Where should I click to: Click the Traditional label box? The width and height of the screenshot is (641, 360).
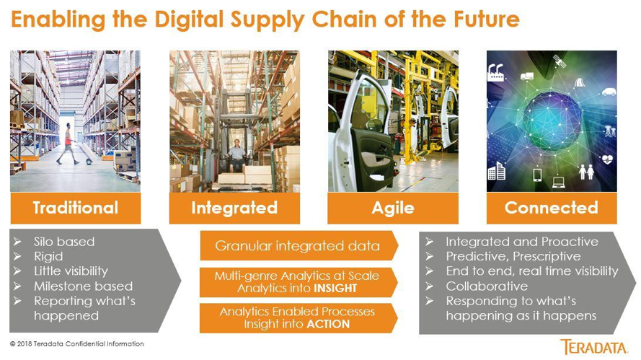76,208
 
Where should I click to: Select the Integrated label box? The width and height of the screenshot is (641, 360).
234,208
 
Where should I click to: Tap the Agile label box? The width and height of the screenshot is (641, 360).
393,208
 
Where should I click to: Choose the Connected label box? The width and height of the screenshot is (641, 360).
552,208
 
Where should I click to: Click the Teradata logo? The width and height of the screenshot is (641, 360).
593,347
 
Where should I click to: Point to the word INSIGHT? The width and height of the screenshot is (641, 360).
335,289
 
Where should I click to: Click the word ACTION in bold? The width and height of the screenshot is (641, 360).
328,325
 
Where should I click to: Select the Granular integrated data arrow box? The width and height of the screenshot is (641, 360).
299,245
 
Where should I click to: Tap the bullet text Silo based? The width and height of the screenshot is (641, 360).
64,242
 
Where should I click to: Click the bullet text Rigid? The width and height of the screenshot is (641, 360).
48,257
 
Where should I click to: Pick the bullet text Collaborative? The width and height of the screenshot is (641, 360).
487,286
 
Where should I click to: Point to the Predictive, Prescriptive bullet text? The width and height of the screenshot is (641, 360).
513,257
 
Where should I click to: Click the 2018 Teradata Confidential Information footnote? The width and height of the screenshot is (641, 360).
77,344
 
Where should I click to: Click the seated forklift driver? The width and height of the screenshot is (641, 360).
236,154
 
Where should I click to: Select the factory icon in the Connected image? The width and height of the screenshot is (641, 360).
496,72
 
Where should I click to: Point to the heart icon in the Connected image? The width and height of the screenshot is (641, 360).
608,159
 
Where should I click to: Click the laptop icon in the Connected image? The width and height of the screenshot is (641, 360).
558,183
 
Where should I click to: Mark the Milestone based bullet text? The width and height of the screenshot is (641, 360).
84,286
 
